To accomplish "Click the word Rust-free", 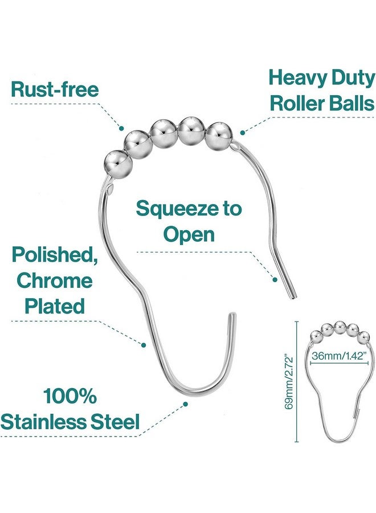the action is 55,89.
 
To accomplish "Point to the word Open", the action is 189,235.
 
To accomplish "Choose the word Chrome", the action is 55,280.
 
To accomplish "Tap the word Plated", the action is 55,306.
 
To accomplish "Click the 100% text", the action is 70,396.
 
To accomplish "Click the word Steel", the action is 115,421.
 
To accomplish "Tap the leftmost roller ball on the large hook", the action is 118,164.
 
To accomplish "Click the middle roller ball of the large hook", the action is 164,134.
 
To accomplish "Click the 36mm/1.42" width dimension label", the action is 338,356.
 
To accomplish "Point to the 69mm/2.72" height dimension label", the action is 289,381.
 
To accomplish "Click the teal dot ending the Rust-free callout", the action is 121,128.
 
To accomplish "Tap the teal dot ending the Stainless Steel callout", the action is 185,404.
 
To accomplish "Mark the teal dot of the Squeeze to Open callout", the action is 275,279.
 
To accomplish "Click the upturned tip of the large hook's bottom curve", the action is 232,315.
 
